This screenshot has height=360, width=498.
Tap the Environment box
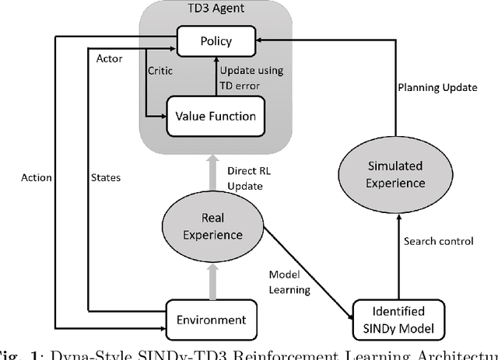pyautogui.click(x=212, y=319)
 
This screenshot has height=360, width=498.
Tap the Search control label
pyautogui.click(x=438, y=241)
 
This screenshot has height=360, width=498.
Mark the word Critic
pyautogui.click(x=161, y=70)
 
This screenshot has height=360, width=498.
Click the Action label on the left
pyautogui.click(x=36, y=177)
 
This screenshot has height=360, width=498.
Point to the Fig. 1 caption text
pyautogui.click(x=249, y=354)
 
